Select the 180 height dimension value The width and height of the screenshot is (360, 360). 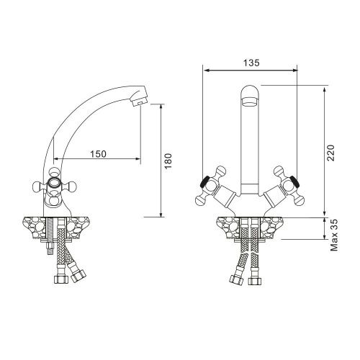click(168, 161)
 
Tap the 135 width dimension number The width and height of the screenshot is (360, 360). click(249, 63)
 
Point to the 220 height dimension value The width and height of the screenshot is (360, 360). click(330, 151)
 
